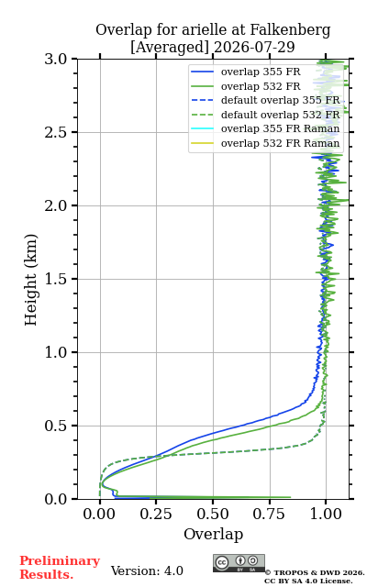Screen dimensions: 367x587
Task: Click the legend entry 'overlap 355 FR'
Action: pos(261,72)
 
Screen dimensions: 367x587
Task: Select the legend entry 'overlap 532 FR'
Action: pos(261,86)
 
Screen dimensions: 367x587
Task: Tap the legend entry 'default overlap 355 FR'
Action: pos(281,100)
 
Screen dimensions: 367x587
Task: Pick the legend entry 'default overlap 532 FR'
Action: pos(281,115)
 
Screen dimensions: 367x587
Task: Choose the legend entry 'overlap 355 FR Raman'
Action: pos(281,128)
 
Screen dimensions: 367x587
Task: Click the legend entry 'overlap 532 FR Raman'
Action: pos(281,143)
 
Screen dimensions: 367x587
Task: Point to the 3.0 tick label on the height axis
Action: pos(56,59)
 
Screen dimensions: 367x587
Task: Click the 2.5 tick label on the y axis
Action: pos(56,132)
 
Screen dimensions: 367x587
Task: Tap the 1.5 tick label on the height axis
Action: pos(56,279)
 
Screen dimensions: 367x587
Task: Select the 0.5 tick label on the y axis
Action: pos(56,426)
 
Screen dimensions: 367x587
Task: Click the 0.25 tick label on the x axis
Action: pos(156,514)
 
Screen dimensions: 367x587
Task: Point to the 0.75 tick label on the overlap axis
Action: pos(269,514)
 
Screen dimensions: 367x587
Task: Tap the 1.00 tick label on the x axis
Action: pos(326,514)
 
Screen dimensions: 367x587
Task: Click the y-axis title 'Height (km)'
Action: pos(30,280)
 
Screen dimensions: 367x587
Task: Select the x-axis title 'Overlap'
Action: pos(214,534)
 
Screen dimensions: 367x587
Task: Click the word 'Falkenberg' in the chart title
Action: pos(290,30)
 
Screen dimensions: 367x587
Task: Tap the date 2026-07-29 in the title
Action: pos(254,47)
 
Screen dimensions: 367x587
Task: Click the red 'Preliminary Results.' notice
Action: pos(60,567)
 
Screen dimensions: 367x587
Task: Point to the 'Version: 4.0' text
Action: pos(147,570)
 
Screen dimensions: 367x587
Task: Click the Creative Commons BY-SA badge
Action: pos(239,563)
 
